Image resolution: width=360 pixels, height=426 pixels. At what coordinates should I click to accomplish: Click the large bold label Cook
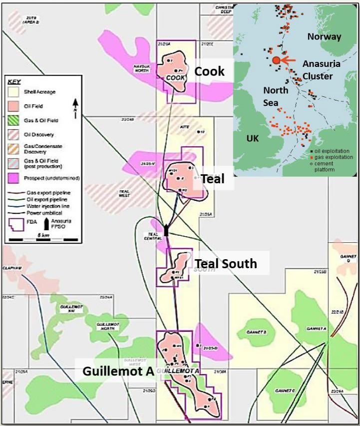[210, 71]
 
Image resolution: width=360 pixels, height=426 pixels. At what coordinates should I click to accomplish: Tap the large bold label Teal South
[226, 263]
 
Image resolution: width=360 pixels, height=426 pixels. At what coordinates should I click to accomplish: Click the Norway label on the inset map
[324, 36]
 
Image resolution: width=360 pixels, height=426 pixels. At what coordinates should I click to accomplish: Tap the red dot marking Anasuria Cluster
[276, 60]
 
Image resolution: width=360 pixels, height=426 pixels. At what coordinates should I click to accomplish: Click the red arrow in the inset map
[290, 60]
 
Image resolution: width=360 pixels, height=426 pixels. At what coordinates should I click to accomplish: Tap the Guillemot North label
[108, 326]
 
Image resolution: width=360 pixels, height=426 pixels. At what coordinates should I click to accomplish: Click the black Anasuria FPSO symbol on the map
[166, 231]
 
